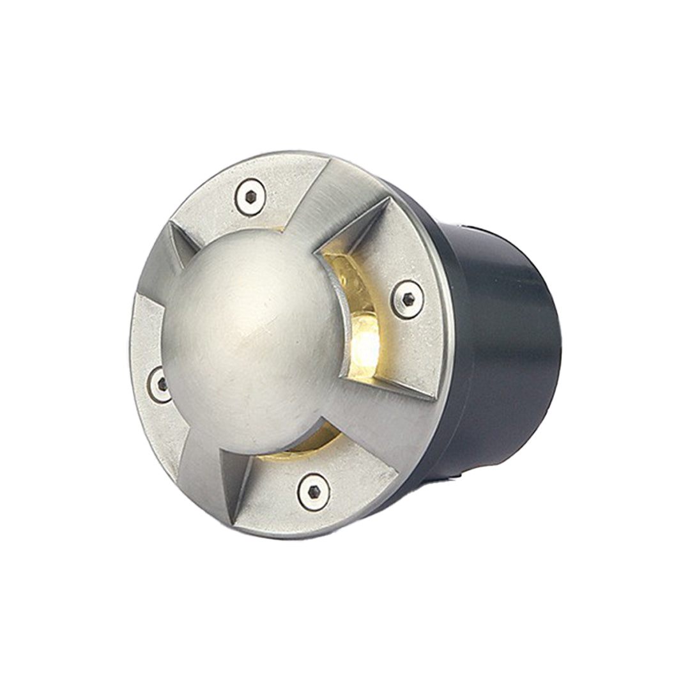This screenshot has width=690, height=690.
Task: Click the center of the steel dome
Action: click(x=256, y=332)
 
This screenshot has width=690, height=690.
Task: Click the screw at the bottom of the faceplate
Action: click(x=314, y=491)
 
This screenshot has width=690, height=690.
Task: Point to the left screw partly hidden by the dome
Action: click(x=160, y=384)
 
